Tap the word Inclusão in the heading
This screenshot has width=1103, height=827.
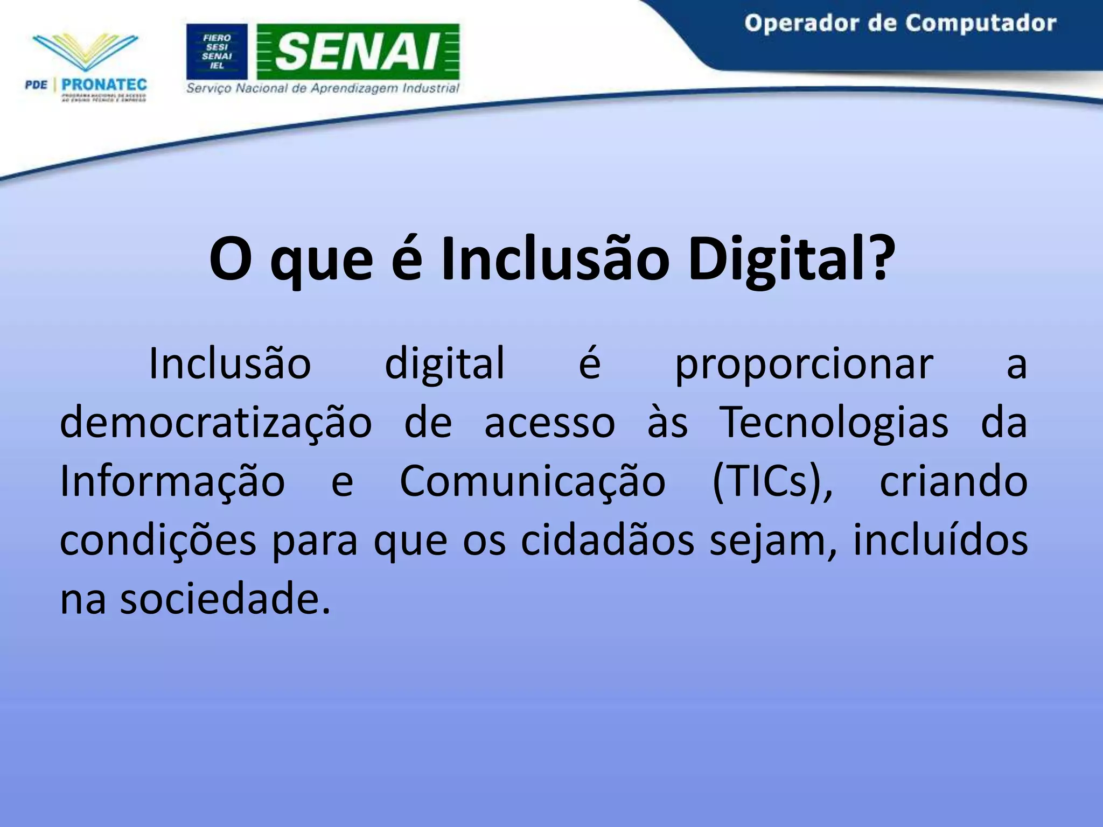tap(555, 260)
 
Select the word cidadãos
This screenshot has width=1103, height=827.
tap(608, 541)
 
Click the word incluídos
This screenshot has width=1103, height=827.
tap(940, 541)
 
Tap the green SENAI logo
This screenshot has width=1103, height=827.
tap(358, 52)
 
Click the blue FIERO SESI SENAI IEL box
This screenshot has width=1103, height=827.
tap(217, 52)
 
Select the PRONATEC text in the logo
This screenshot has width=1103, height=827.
tap(104, 85)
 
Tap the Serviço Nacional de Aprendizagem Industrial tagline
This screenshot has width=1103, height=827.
tap(323, 88)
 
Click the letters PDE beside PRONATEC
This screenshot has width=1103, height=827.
tap(36, 85)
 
